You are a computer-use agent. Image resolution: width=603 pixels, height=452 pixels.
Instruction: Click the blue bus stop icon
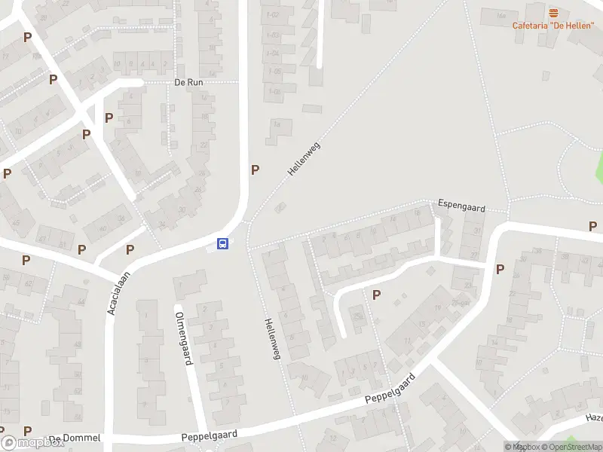point(223,243)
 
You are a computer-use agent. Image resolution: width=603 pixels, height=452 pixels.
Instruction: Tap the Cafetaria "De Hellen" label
point(553,25)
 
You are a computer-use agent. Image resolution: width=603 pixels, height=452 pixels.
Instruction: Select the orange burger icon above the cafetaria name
point(554,13)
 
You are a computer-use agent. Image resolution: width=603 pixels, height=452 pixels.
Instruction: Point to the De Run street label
point(188,83)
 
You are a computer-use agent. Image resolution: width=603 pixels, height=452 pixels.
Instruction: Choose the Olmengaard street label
point(183,338)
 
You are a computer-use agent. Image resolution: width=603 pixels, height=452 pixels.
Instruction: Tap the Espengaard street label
point(462,206)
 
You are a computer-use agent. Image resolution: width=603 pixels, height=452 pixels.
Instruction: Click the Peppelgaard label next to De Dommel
point(210,435)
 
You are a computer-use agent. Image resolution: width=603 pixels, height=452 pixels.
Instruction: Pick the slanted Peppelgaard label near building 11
point(390,389)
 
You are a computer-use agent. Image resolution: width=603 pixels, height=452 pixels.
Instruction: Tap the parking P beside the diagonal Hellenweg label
point(255,169)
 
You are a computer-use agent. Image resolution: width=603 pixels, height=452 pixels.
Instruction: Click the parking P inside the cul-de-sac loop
point(376,295)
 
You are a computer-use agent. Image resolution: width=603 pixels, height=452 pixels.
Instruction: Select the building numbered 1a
point(277,125)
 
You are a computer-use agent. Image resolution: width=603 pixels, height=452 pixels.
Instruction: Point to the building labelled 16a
point(500,16)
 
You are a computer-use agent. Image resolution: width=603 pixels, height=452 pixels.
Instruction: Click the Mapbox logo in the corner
point(32,442)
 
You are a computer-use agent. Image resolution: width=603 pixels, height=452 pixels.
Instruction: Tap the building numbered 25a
point(359,317)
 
